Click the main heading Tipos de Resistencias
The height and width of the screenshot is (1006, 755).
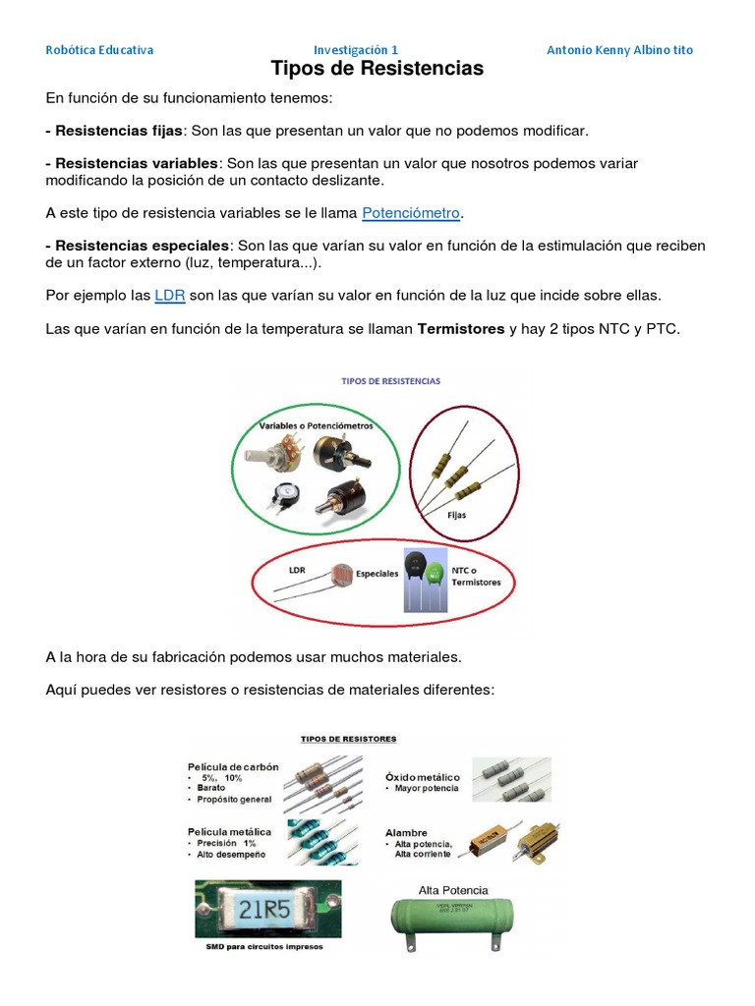click(377, 69)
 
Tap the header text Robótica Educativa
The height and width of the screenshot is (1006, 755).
click(99, 50)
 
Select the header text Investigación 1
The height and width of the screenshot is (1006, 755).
click(356, 50)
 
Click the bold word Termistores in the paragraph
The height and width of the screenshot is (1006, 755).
click(460, 328)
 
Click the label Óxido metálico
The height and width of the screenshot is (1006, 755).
click(423, 776)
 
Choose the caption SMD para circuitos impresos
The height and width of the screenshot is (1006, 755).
click(263, 947)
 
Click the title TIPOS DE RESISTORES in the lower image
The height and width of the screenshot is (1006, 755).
click(348, 738)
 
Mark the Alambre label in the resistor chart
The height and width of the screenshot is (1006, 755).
click(407, 832)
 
